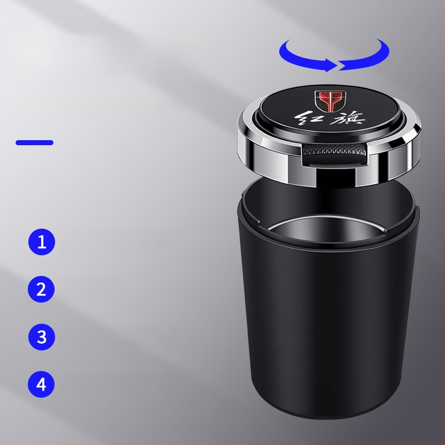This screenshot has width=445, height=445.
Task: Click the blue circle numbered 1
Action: click(41, 242)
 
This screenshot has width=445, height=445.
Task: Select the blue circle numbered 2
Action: click(41, 289)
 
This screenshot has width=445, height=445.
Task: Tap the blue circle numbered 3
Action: click(41, 337)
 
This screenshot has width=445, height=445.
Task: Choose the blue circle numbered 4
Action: click(41, 384)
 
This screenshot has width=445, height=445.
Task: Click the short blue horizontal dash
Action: click(34, 142)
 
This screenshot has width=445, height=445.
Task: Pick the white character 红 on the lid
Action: click(307, 119)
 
